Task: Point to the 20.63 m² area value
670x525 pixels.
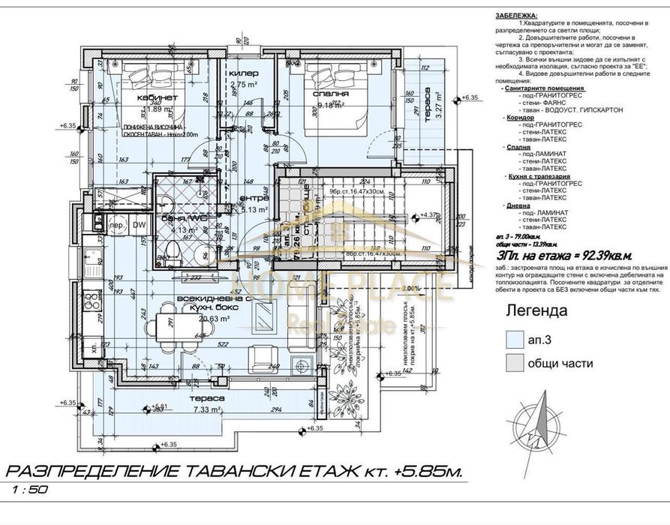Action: pos(192,317)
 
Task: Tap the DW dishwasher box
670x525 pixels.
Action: pos(138,224)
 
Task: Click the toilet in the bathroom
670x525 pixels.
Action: pos(170,252)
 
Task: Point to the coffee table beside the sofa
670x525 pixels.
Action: pos(265,320)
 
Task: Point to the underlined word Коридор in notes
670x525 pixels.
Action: pos(514,118)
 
